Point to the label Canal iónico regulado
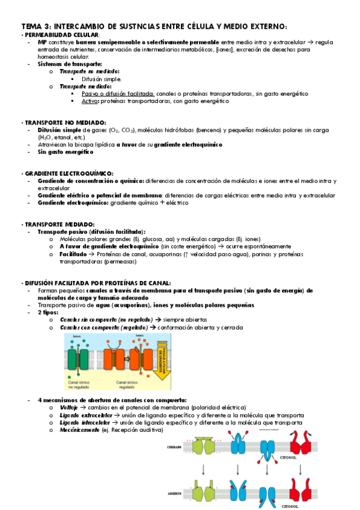(x=127, y=383)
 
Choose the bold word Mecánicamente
(x=80, y=431)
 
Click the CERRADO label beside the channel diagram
(x=174, y=447)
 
